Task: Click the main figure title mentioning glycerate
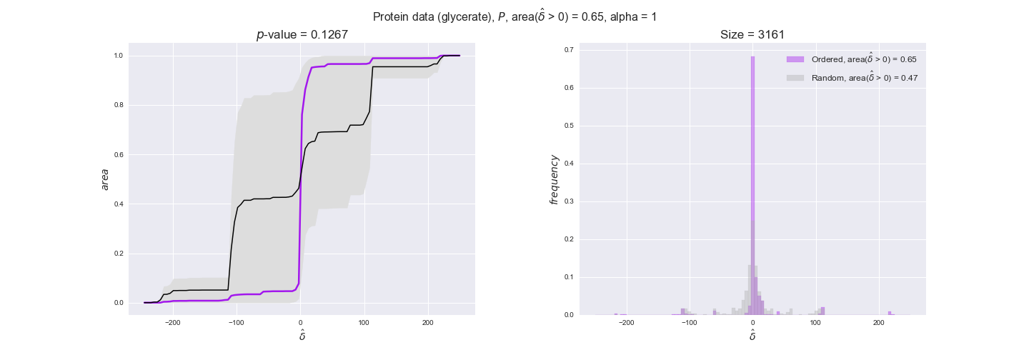[514, 16]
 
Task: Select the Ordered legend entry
[864, 59]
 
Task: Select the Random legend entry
[864, 78]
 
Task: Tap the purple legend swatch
[795, 59]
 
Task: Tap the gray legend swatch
[795, 78]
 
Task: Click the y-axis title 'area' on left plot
[105, 179]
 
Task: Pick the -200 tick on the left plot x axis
[173, 323]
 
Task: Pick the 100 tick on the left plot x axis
[364, 323]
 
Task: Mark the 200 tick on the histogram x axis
[878, 323]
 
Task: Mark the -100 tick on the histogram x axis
[690, 323]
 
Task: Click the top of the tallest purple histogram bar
[752, 57]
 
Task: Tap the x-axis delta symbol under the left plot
[302, 334]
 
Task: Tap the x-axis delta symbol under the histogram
[752, 334]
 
